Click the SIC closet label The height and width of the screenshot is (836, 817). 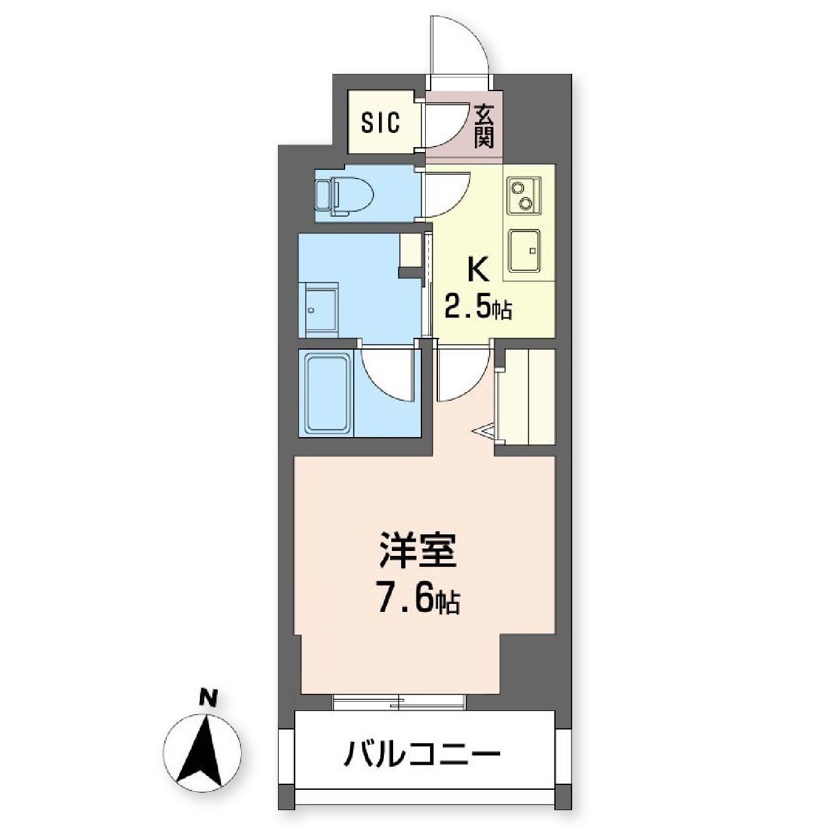tap(380, 123)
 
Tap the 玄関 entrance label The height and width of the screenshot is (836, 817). tap(484, 127)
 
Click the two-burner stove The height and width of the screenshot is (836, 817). tap(524, 195)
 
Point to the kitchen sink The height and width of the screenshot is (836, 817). tap(524, 251)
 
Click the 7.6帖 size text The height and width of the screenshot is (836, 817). tap(418, 600)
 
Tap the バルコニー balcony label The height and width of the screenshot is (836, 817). tap(421, 754)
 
